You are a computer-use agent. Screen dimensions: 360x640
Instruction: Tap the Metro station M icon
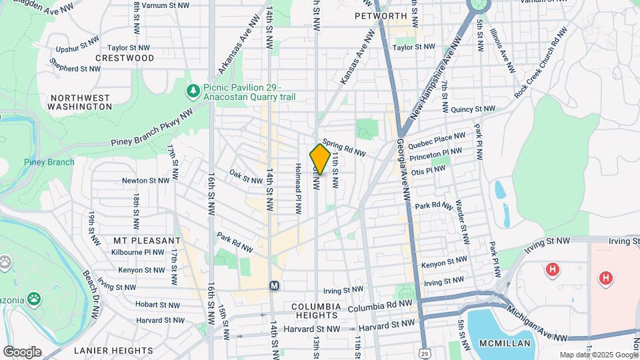(x=274, y=285)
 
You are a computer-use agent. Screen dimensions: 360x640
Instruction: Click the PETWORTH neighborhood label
(x=381, y=15)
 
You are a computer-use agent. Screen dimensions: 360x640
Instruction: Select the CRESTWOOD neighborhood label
(x=125, y=58)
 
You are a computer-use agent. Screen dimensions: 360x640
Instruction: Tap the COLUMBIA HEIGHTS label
(x=316, y=307)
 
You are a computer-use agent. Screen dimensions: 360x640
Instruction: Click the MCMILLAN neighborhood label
(x=505, y=343)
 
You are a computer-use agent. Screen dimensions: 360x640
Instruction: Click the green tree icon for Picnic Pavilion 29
(x=193, y=90)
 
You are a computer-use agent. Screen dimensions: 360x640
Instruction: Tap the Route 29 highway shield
(x=425, y=351)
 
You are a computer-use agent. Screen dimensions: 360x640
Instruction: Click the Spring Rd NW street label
(x=344, y=147)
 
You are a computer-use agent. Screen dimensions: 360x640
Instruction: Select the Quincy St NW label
(x=473, y=109)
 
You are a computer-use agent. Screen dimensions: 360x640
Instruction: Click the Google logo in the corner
(x=22, y=351)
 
